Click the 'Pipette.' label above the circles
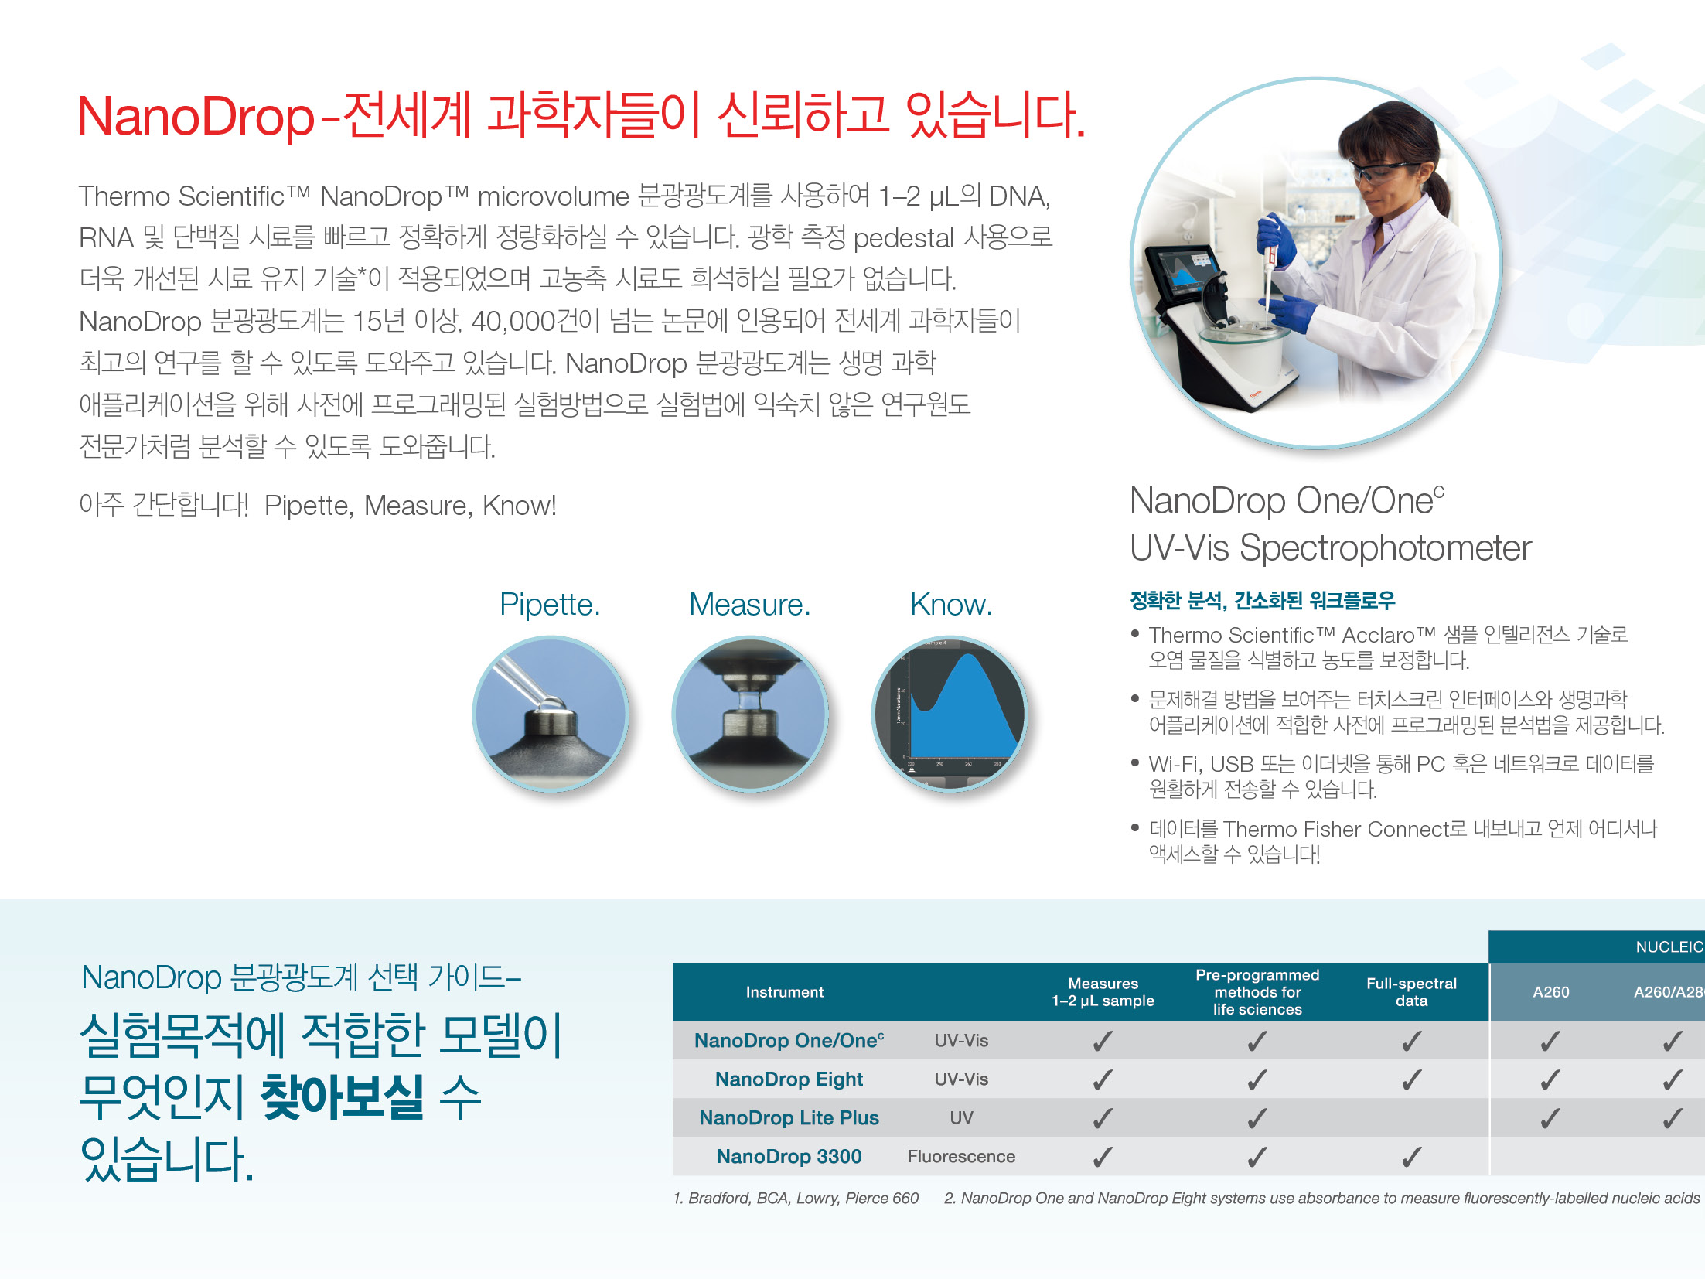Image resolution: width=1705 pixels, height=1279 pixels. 550,605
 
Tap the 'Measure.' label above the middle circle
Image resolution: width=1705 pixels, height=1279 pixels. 749,605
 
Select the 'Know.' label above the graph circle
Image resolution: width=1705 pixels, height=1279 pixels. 950,605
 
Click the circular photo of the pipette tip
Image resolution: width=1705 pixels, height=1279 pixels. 551,714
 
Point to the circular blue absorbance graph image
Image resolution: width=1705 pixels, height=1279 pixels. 950,714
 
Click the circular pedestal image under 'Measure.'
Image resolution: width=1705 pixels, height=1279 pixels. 750,714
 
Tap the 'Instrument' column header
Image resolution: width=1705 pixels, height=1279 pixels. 784,992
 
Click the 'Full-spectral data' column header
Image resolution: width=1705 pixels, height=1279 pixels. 1411,992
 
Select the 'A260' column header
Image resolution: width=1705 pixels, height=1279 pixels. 1551,992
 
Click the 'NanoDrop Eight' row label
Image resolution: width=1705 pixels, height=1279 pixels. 789,1079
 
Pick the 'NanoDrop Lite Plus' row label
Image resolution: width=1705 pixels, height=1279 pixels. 789,1118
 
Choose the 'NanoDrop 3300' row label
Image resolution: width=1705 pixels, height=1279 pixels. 789,1157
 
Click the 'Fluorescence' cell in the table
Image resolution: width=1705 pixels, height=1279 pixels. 961,1157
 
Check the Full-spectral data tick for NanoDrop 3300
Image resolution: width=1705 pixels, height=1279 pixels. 1412,1157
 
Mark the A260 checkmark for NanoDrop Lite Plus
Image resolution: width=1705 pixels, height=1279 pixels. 1550,1118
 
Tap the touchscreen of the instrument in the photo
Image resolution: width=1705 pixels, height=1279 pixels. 1182,275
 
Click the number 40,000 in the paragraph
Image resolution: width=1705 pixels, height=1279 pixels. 513,321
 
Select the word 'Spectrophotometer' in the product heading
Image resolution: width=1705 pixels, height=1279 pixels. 1385,549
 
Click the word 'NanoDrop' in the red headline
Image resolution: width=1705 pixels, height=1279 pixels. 196,117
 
